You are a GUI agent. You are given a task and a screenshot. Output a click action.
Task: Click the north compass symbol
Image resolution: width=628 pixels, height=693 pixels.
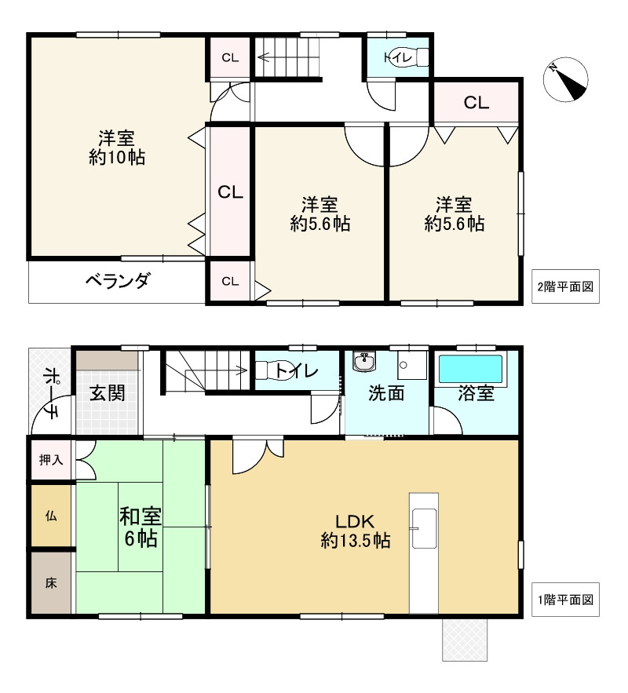pyautogui.click(x=567, y=79)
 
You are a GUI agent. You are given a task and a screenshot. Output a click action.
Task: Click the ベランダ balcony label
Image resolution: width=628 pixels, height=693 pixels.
pyautogui.click(x=117, y=281)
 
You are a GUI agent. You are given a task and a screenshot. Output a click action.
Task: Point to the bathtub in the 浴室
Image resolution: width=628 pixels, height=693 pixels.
pyautogui.click(x=470, y=369)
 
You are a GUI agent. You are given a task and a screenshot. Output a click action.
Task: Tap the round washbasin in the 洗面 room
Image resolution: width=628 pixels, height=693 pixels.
pyautogui.click(x=363, y=362)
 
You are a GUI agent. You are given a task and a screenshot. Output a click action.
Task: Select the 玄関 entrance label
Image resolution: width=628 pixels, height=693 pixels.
pyautogui.click(x=106, y=393)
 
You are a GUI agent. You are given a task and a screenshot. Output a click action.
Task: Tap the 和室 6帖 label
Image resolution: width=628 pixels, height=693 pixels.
pyautogui.click(x=141, y=527)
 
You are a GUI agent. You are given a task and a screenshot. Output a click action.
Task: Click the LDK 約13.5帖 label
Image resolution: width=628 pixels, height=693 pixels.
pyautogui.click(x=356, y=531)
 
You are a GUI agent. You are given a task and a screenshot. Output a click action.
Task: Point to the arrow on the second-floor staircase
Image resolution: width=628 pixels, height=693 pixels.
pyautogui.click(x=265, y=57)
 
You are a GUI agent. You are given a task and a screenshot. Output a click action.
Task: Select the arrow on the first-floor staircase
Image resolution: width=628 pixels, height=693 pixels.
pyautogui.click(x=239, y=371)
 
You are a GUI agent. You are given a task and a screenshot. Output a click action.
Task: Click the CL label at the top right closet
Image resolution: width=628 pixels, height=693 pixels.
pyautogui.click(x=476, y=102)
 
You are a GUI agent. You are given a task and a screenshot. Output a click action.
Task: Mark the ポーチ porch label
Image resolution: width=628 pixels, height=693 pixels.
pyautogui.click(x=49, y=392)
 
